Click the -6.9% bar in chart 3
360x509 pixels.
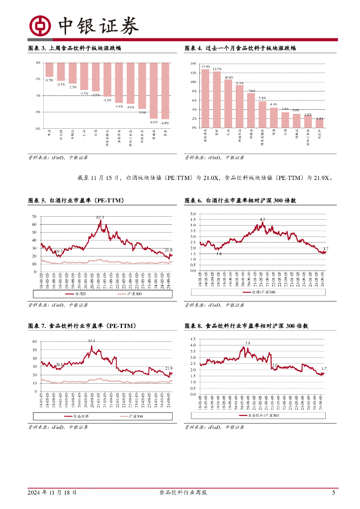(x=166, y=90)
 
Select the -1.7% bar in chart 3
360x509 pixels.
(x=49, y=69)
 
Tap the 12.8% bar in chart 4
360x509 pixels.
(x=205, y=98)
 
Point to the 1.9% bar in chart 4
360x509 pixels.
(x=320, y=123)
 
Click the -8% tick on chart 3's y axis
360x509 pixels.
(x=38, y=128)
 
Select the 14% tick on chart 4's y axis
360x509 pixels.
(x=193, y=64)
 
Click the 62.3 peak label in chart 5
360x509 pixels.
(x=100, y=217)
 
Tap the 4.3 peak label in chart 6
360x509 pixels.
(x=263, y=219)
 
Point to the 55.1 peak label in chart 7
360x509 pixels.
(x=91, y=341)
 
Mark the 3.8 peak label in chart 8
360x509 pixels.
(x=247, y=343)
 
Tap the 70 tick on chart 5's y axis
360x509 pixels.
(x=34, y=217)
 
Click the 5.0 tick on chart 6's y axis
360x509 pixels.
(x=193, y=214)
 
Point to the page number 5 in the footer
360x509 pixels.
(x=333, y=493)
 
